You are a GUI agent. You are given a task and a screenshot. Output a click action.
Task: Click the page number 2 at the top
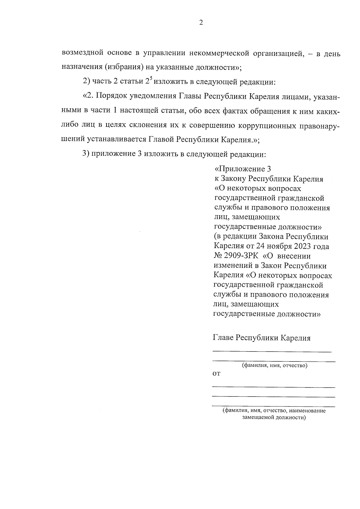point(201,23)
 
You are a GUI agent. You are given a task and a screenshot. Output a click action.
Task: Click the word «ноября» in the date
point(278,247)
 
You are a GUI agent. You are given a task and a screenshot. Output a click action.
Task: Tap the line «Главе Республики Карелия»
point(262,338)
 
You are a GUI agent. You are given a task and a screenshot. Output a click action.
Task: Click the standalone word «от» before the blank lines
point(216,374)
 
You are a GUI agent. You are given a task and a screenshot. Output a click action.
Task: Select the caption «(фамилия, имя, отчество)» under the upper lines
point(275,366)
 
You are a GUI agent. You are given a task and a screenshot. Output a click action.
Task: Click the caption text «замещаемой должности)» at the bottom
point(274,417)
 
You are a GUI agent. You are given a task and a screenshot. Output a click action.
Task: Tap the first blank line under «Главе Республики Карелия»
point(272,351)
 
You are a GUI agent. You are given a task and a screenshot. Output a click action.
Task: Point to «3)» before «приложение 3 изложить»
point(86,154)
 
